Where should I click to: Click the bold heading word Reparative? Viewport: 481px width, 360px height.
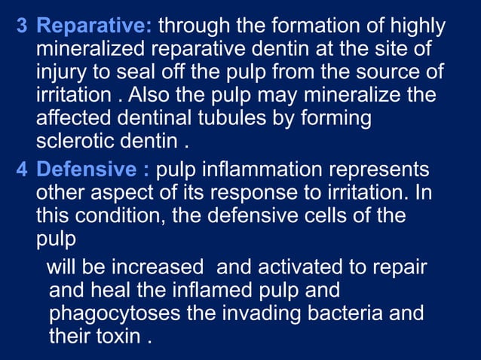(x=95, y=27)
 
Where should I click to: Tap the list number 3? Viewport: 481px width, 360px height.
(x=22, y=27)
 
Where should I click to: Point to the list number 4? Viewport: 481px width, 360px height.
(x=22, y=169)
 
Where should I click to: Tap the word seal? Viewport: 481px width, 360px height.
(x=125, y=75)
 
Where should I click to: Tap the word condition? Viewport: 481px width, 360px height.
(x=114, y=216)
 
